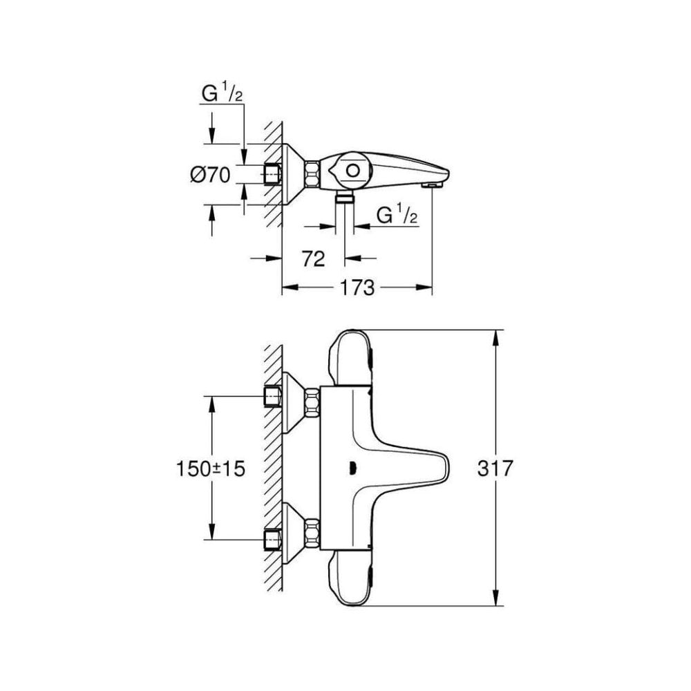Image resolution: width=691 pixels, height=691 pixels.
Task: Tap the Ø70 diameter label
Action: (210, 176)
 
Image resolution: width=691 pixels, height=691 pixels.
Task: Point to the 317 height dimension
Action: (495, 468)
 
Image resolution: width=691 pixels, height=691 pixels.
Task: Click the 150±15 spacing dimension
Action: (210, 468)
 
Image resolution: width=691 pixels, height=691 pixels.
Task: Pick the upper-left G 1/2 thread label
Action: (221, 94)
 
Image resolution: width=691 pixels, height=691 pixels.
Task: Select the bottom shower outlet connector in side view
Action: (345, 199)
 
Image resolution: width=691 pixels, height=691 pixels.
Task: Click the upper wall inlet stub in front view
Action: (274, 397)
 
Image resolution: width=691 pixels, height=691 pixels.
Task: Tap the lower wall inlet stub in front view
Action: (274, 537)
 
